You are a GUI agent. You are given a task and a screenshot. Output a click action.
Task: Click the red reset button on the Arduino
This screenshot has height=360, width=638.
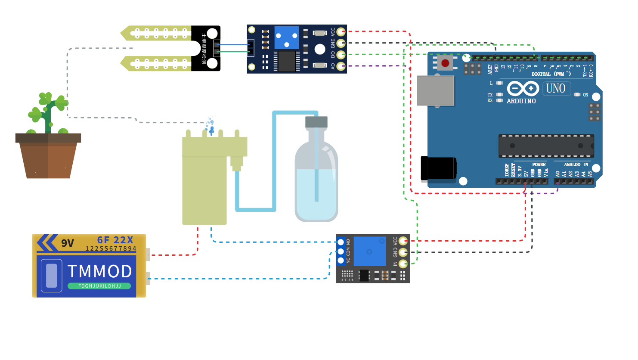tap(445, 63)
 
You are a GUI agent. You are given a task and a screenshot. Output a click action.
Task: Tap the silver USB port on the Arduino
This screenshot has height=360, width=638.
tap(435, 90)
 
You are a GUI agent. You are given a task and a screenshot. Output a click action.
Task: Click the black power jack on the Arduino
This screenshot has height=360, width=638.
tap(438, 168)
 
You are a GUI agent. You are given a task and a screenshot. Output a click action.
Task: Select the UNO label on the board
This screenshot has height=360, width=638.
tap(556, 89)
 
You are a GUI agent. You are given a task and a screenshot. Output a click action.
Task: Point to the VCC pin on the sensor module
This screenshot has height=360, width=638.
tap(341, 31)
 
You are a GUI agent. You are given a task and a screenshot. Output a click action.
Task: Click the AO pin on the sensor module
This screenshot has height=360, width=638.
tap(341, 66)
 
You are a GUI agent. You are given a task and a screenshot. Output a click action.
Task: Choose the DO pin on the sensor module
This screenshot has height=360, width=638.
tap(341, 55)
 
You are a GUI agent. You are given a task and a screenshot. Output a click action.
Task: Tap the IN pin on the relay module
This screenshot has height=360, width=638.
tap(403, 264)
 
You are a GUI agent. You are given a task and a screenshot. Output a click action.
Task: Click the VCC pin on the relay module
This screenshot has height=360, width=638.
tap(403, 241)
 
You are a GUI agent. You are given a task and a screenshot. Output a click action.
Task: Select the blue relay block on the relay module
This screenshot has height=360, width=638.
tap(369, 251)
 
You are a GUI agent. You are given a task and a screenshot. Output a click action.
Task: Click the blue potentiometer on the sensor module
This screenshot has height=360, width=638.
tap(286, 38)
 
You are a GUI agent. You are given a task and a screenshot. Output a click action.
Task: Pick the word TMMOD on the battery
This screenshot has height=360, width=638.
tap(99, 271)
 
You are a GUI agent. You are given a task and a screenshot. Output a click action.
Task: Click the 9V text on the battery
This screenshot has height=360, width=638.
tap(68, 243)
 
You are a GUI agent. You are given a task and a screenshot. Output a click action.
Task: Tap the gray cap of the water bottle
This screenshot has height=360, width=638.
tap(316, 122)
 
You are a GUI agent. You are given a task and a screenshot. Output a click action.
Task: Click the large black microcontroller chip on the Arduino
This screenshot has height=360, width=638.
tap(546, 146)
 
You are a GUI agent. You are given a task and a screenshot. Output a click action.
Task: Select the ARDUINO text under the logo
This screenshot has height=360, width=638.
tap(521, 101)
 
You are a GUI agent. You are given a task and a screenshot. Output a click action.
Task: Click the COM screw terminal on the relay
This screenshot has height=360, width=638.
tap(341, 251)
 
